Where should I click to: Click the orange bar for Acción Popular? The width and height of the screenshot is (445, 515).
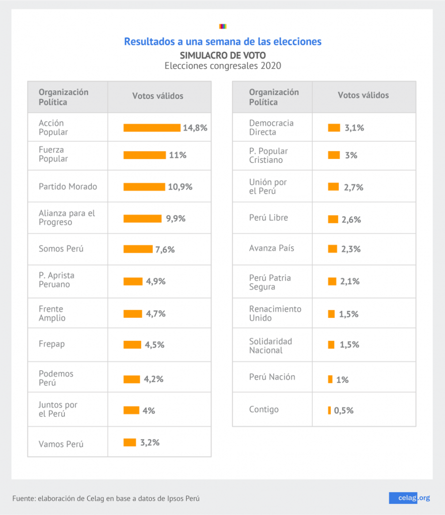click(151, 128)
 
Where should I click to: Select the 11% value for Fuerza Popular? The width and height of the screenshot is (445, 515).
click(177, 155)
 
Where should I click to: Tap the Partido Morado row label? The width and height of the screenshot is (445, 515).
click(68, 187)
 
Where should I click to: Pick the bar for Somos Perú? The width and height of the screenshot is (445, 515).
click(138, 249)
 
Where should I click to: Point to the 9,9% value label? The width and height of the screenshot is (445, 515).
click(175, 219)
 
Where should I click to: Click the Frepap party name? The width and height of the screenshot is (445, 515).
click(52, 345)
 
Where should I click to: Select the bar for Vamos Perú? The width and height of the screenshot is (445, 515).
click(130, 443)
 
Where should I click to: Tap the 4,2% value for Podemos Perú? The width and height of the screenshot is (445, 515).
click(153, 379)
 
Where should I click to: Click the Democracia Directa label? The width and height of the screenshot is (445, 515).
click(271, 128)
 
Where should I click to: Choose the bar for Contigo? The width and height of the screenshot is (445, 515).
click(329, 410)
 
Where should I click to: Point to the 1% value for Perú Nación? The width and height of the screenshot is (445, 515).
click(342, 380)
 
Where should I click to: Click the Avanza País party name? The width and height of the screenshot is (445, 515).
click(272, 248)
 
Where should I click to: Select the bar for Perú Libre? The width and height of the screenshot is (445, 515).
click(333, 219)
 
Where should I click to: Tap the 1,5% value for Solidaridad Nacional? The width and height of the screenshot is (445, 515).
click(348, 345)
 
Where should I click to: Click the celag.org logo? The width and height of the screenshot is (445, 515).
click(409, 498)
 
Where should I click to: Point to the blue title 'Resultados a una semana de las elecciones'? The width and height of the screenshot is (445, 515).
click(223, 41)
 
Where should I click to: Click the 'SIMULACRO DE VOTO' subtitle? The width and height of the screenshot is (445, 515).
click(223, 55)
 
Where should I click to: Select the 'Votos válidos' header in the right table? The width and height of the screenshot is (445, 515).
click(363, 96)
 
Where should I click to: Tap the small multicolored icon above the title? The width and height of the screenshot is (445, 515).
click(223, 26)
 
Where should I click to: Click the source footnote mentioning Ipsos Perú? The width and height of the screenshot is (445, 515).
click(106, 498)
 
